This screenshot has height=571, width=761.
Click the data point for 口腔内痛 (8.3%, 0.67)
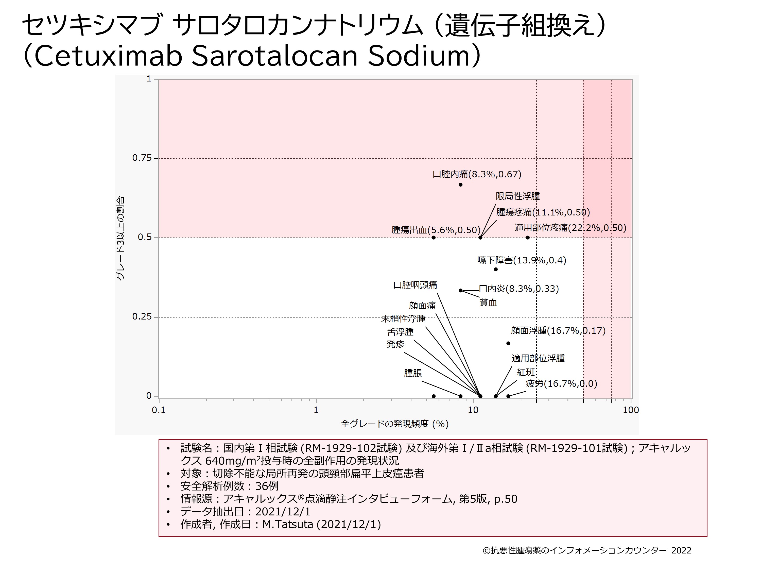460,185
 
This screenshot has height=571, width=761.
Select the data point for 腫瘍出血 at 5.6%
434,238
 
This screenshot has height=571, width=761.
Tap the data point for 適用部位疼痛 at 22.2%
527,238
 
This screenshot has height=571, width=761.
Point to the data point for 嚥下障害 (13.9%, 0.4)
495,269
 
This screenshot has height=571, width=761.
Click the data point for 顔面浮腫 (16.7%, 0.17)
508,343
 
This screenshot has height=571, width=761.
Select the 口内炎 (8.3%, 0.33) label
519,289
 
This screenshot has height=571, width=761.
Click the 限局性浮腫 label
517,196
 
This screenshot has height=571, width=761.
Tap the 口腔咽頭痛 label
415,285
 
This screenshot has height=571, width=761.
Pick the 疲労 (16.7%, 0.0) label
561,383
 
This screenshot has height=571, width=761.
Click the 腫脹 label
412,373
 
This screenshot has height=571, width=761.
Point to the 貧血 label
488,303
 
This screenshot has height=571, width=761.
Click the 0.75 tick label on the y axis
142,158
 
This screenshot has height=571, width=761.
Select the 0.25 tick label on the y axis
142,317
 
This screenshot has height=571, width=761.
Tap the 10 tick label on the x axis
473,410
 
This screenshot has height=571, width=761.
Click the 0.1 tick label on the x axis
158,410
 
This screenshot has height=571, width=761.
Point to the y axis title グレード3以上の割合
120,238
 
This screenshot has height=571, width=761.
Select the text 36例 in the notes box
267,486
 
